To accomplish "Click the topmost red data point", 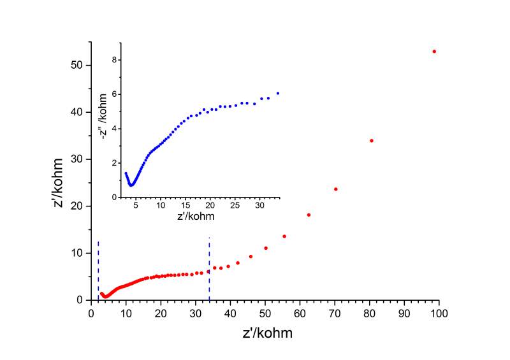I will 434,51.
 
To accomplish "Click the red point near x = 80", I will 372,140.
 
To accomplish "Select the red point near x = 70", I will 335,189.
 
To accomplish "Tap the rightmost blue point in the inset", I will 278,93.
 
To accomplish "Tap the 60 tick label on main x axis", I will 300,313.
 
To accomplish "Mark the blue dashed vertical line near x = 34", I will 209,268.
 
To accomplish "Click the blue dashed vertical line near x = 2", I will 98,268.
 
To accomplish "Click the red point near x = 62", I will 309,215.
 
